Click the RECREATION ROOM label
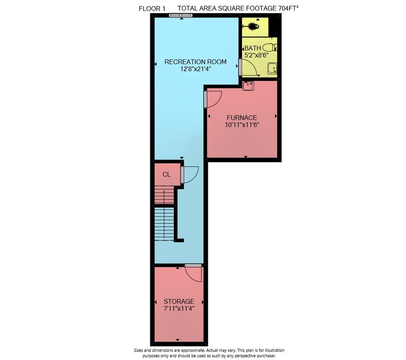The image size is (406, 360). click(x=196, y=62)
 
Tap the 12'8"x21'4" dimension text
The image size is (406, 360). click(x=196, y=69)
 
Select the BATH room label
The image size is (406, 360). click(x=253, y=48)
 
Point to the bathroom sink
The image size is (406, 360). click(x=272, y=68)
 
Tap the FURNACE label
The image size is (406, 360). click(x=242, y=118)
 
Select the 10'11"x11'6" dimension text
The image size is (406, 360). click(x=242, y=125)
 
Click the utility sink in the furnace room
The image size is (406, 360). click(x=248, y=86)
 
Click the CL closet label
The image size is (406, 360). click(x=166, y=175)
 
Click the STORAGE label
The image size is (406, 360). click(x=179, y=301)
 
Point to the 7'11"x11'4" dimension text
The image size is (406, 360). click(x=179, y=309)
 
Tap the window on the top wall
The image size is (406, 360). click(x=181, y=15)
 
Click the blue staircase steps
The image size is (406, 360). click(x=164, y=223)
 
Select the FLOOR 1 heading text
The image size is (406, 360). click(x=152, y=9)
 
